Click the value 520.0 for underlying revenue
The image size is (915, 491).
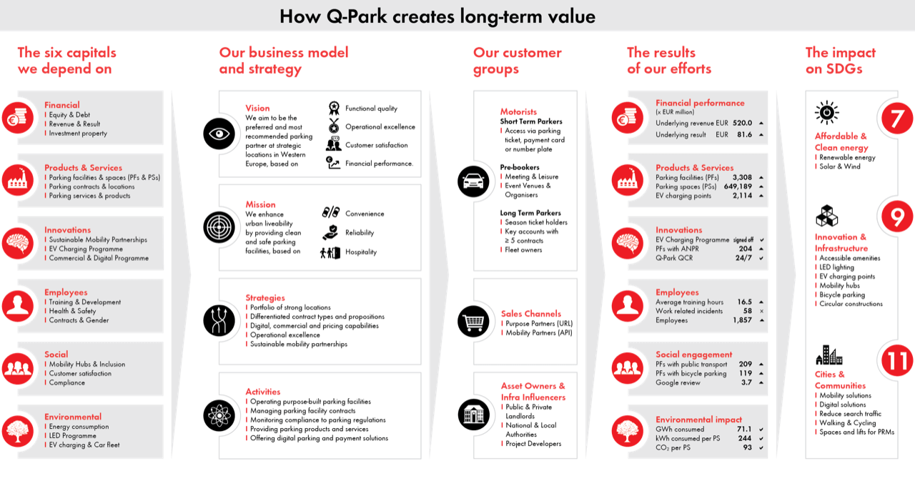[741, 123]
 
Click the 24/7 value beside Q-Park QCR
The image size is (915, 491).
[743, 258]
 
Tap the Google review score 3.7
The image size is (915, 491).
[746, 382]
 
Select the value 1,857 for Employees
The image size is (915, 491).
[742, 320]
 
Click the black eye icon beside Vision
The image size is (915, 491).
[219, 134]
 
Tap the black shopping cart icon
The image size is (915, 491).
[473, 323]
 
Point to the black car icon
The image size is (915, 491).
[473, 182]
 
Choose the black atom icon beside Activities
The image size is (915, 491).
[219, 415]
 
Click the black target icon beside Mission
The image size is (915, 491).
[219, 227]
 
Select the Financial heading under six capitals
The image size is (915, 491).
[62, 105]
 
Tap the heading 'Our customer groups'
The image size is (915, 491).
[517, 61]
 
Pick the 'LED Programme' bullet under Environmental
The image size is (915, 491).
[72, 436]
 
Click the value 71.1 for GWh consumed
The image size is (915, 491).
[742, 430]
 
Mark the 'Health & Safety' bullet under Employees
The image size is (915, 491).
[72, 311]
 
